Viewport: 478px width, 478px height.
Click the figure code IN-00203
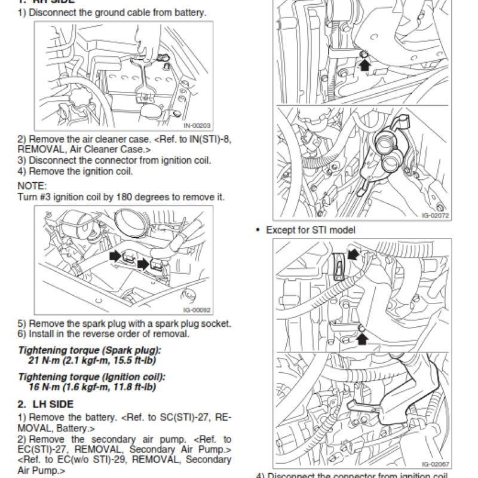pos(197,125)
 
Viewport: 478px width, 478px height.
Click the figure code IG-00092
pos(198,310)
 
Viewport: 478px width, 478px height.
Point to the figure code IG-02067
pos(434,463)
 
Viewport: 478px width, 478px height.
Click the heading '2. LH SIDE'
pos(45,404)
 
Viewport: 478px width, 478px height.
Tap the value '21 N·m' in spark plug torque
pos(43,360)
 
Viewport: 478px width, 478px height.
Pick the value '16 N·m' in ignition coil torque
pos(43,387)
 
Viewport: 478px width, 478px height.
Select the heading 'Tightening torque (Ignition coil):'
pos(91,378)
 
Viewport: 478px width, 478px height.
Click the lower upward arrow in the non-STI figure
pos(362,339)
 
